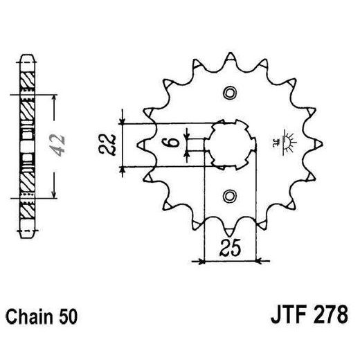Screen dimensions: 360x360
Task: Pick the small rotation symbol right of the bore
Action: pos(285,140)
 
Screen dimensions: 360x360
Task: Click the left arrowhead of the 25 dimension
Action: pos(203,261)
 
